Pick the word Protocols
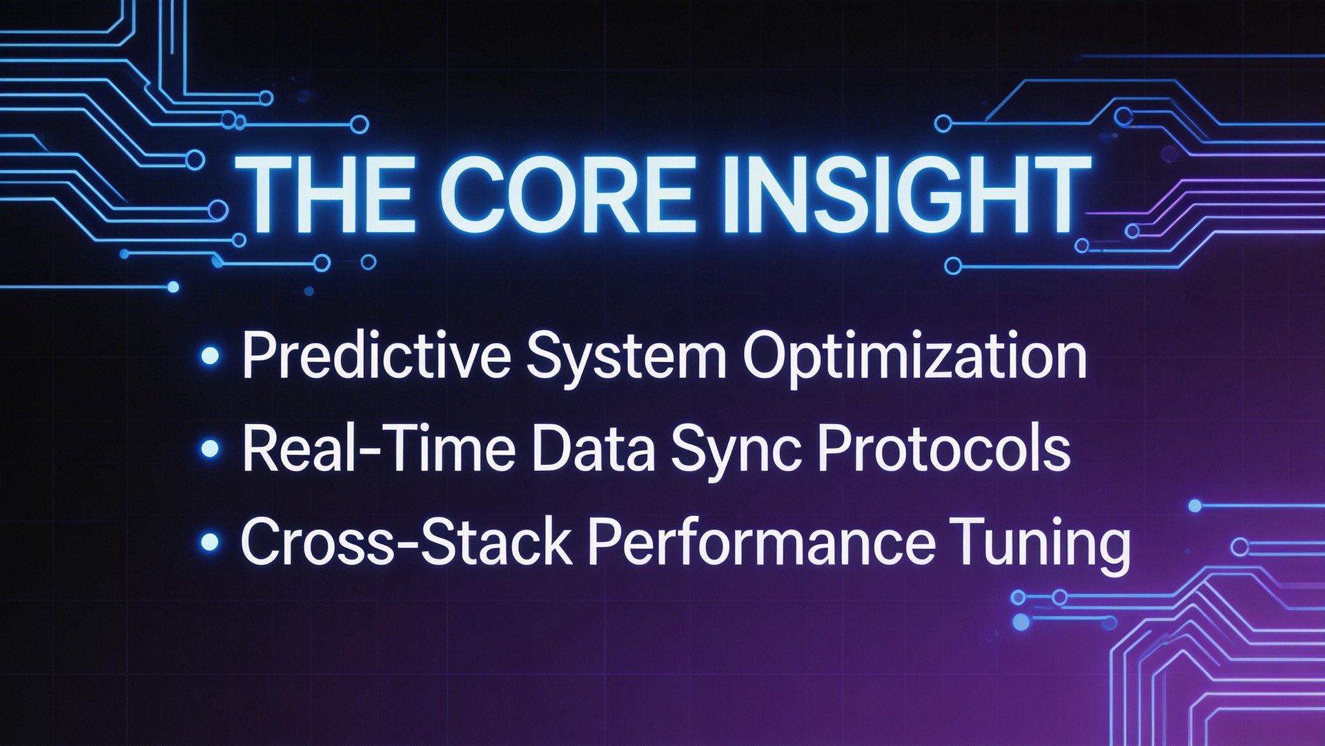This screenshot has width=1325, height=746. pyautogui.click(x=944, y=449)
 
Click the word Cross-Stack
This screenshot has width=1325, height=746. pyautogui.click(x=406, y=542)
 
